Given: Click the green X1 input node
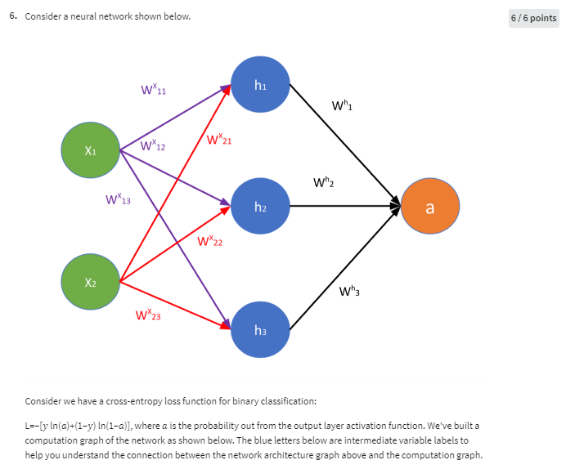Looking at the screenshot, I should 90,150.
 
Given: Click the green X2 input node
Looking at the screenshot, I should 90,282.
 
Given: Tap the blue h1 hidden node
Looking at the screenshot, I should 260,84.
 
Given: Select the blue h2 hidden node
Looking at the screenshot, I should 260,208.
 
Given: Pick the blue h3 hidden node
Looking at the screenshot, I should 260,330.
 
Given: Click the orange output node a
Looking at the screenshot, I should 430,208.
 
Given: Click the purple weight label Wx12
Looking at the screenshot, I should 153,146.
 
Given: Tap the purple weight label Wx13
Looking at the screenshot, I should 119,199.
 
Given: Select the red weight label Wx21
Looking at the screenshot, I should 218,140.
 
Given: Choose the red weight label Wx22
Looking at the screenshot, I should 210,241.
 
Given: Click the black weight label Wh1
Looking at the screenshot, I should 343,105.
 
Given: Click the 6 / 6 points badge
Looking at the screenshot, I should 534,18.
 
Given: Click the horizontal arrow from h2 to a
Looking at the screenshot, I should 344,208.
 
